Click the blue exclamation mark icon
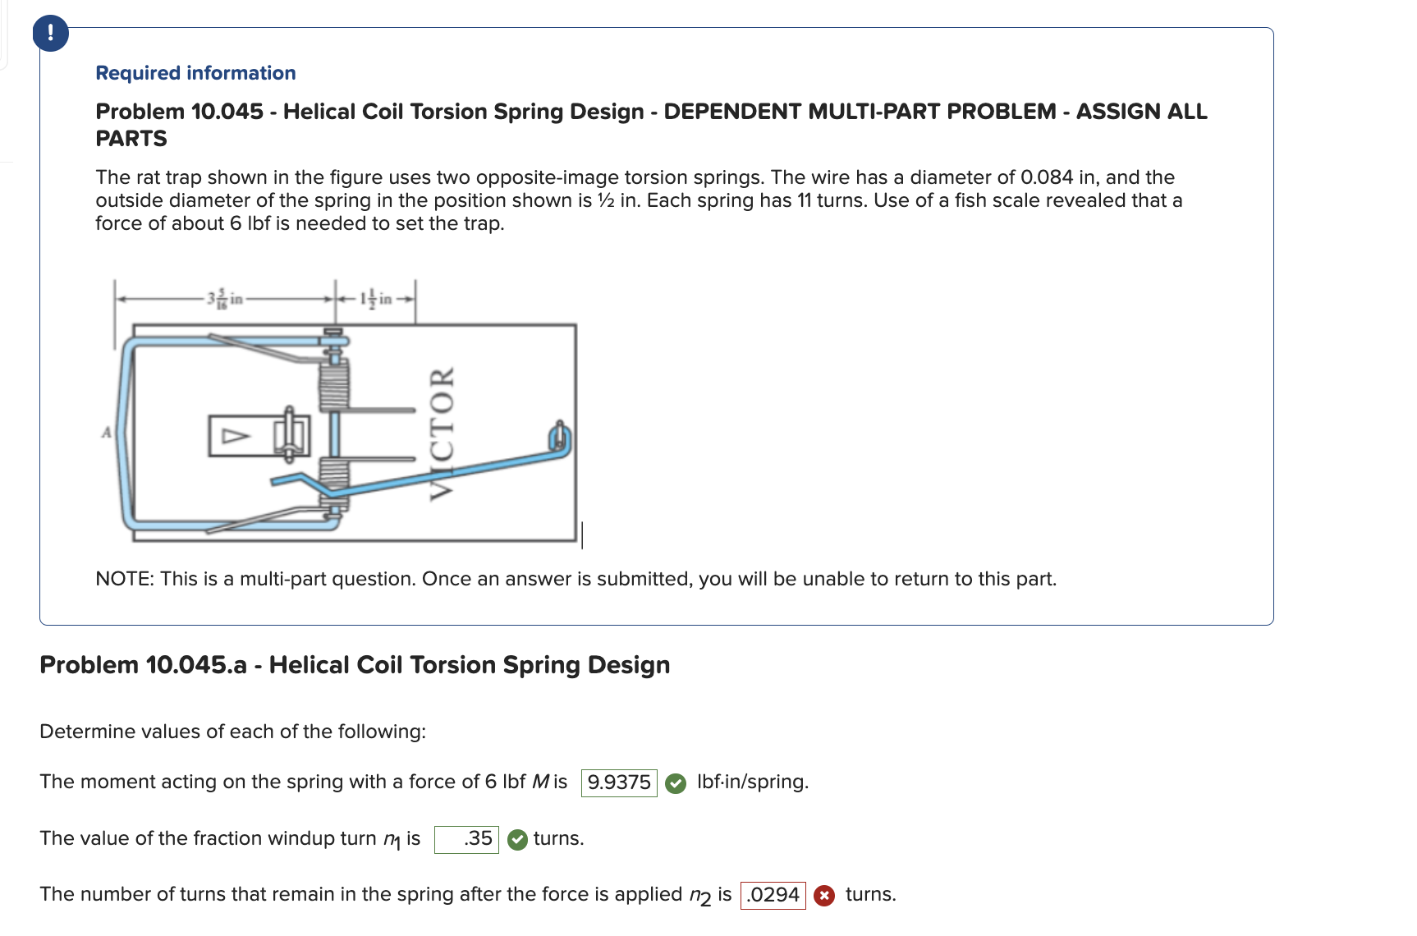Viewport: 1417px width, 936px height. coord(51,34)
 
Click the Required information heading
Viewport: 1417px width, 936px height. coord(195,73)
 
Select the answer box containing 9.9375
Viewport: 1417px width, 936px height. coord(619,782)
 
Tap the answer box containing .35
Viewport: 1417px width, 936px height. coord(466,839)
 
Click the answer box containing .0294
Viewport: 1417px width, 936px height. coord(773,895)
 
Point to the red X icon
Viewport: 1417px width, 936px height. coord(824,896)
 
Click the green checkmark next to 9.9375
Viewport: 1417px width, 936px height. coord(676,783)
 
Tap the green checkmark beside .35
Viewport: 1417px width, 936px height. coord(517,840)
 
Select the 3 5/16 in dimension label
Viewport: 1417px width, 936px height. coord(225,299)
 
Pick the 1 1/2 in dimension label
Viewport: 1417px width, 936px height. coord(375,299)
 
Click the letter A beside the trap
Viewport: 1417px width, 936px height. coord(106,432)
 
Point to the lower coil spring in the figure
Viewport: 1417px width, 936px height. coord(334,476)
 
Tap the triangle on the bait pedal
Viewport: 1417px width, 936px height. coord(236,436)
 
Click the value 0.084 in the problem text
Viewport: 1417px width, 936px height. coord(1046,177)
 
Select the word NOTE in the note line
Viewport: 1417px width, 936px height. coord(124,580)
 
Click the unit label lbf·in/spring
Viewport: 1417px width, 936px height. coord(752,782)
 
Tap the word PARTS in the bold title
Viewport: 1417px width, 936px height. coord(131,139)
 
